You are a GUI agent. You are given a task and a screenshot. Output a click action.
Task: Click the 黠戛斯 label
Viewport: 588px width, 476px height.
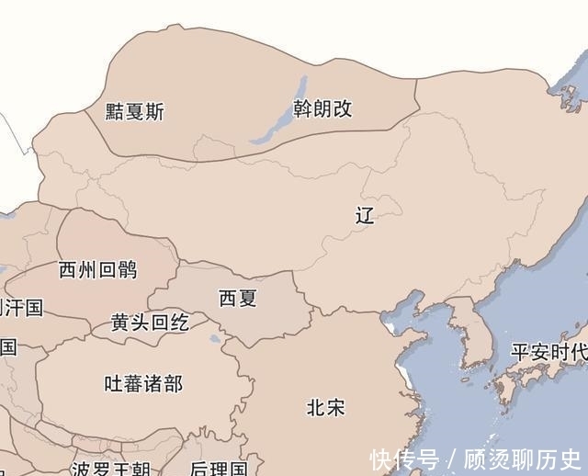click(134, 112)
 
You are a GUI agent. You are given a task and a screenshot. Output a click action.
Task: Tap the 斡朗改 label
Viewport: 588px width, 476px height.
click(322, 108)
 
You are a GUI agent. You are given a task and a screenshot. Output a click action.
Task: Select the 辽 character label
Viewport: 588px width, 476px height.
click(365, 217)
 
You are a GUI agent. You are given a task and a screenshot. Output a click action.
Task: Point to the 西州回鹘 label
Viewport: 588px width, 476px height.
click(97, 269)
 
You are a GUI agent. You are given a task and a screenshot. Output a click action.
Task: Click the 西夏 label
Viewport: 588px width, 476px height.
click(237, 299)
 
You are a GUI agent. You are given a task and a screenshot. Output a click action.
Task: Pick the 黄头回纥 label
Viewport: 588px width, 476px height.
click(150, 323)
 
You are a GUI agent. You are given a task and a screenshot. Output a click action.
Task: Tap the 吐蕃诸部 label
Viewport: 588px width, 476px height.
click(143, 383)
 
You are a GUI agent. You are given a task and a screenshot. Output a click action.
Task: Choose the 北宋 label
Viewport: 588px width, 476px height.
click(325, 407)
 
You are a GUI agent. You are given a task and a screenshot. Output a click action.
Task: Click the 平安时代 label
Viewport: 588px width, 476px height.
click(548, 353)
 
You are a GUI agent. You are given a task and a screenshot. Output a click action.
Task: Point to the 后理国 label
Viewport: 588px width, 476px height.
click(219, 469)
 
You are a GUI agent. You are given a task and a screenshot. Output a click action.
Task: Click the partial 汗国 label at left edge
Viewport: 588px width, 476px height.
click(20, 307)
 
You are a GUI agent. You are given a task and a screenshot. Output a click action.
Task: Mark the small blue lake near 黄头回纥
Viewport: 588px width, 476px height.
click(215, 339)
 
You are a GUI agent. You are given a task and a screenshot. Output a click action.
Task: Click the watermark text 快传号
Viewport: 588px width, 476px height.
click(404, 459)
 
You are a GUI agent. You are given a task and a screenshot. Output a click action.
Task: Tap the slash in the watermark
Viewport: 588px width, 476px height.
click(452, 459)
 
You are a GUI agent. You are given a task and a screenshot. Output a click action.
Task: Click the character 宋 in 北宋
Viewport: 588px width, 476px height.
click(335, 407)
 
